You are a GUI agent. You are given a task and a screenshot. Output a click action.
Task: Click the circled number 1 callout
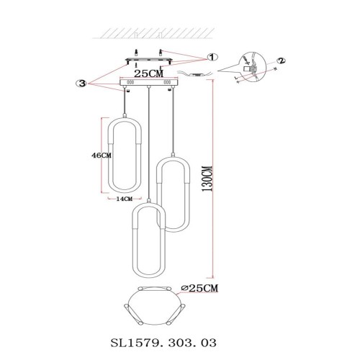pos(212,56)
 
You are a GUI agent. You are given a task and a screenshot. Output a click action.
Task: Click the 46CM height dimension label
pos(102,155)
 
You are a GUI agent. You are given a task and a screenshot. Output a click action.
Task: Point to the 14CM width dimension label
pos(124,198)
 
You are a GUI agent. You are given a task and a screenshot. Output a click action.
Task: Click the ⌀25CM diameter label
pos(201,288)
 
